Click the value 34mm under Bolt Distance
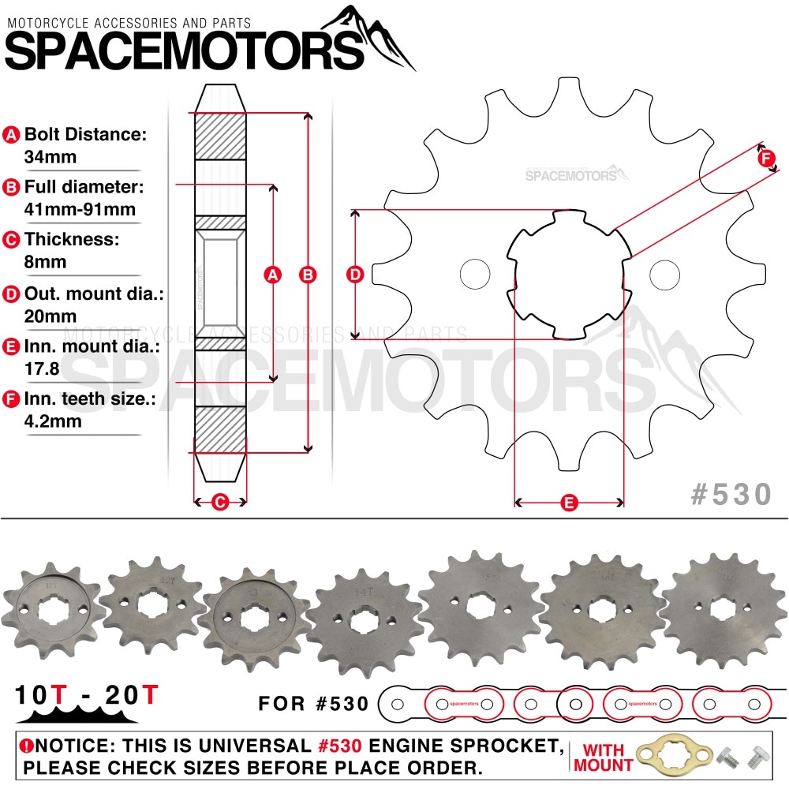50,156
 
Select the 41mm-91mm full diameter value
80,209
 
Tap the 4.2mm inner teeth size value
53,421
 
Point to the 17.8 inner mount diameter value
43,368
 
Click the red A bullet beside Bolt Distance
12,135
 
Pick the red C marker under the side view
221,501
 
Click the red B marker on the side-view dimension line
308,275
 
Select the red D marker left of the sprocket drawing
356,275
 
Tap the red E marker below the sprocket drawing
569,502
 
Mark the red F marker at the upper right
767,157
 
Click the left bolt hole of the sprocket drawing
475,274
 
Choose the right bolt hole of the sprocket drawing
664,274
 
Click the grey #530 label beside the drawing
731,494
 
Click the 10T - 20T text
88,695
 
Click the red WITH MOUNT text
604,757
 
